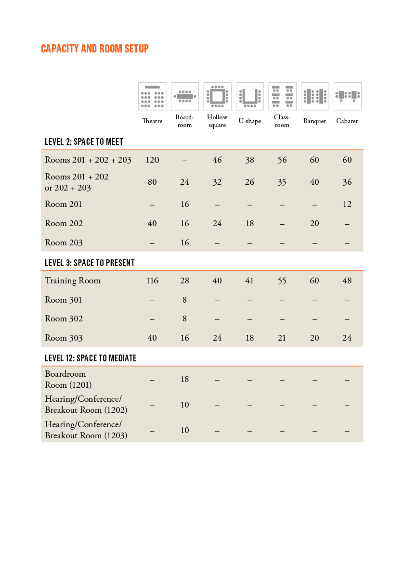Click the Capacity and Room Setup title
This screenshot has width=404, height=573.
click(95, 49)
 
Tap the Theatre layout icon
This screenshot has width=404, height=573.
click(152, 96)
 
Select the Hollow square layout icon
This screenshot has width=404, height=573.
click(217, 96)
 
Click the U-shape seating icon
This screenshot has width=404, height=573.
click(250, 96)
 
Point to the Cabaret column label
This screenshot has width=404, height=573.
click(347, 121)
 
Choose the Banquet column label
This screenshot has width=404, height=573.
click(314, 121)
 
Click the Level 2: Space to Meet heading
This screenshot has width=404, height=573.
click(84, 141)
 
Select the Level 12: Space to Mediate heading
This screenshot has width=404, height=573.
click(91, 358)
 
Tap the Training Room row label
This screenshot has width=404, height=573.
click(73, 280)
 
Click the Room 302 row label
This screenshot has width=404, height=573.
click(64, 318)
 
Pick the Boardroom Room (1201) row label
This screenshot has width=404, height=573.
click(68, 379)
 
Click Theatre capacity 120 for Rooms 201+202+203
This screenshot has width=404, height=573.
click(152, 160)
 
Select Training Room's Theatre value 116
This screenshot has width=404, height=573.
click(152, 280)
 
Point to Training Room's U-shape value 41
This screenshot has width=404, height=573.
click(249, 280)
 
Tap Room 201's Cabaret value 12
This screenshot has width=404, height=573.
click(347, 204)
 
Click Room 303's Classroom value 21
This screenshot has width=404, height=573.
click(282, 338)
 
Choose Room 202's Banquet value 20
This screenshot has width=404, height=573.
click(314, 223)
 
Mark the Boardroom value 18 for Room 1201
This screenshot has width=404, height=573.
click(185, 379)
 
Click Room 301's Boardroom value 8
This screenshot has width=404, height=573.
click(185, 300)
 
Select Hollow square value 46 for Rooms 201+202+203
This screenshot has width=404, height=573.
click(217, 160)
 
